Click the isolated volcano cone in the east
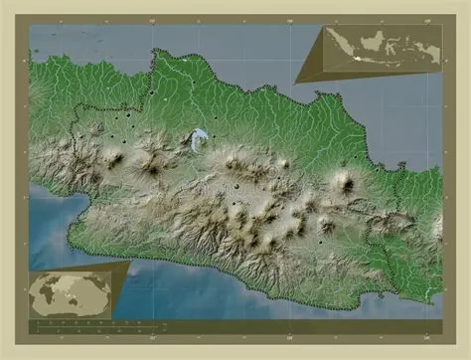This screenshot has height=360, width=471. click(345, 182)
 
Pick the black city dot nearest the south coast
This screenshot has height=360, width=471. click(321, 241)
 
